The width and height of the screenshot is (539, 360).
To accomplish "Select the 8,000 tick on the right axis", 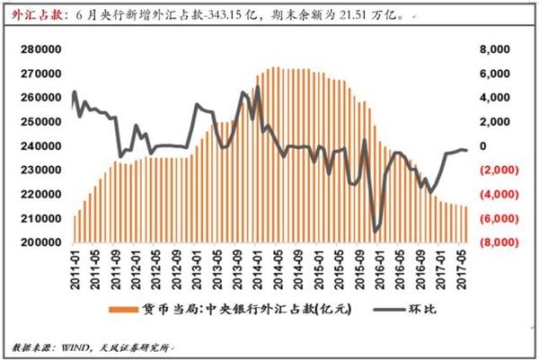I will coord(492,48).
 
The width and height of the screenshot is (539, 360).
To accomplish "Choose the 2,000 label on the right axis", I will coord(492,121).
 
